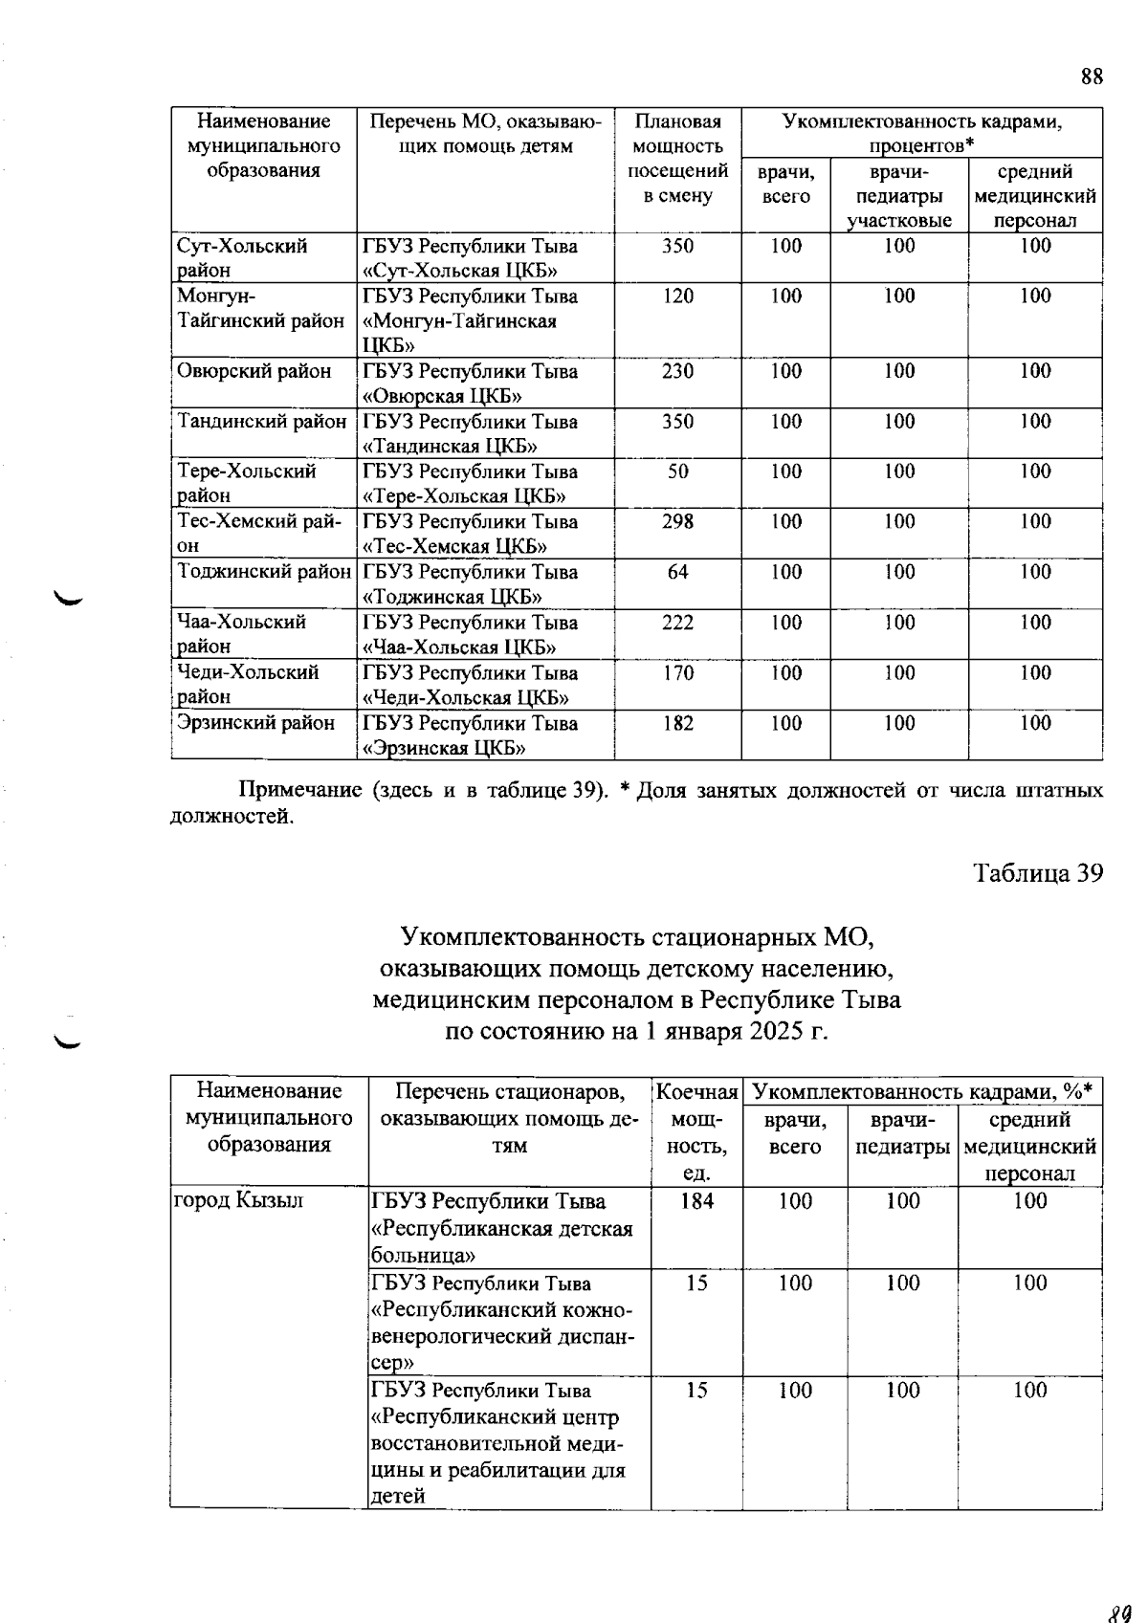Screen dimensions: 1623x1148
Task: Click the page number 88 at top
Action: pos(1092,77)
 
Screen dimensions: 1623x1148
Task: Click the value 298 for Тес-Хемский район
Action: pos(677,522)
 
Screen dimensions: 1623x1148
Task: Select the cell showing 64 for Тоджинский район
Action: pos(677,572)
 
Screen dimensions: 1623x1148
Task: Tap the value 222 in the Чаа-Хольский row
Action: pos(677,623)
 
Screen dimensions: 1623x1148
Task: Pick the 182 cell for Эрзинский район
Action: pos(677,723)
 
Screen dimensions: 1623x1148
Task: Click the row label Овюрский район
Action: pos(254,371)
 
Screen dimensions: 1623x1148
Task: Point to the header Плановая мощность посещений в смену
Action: pos(677,159)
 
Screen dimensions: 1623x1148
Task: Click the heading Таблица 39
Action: pos(1038,873)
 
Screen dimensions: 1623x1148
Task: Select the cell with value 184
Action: pos(696,1201)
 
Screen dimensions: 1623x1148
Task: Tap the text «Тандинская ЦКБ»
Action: pos(450,447)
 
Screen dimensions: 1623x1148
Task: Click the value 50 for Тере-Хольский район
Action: pos(677,472)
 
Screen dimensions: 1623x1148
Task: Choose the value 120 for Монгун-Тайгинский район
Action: pos(677,296)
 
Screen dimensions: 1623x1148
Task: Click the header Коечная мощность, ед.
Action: pos(696,1132)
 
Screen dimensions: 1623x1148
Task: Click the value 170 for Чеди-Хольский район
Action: pos(677,673)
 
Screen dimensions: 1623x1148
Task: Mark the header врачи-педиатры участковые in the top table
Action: pos(899,196)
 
